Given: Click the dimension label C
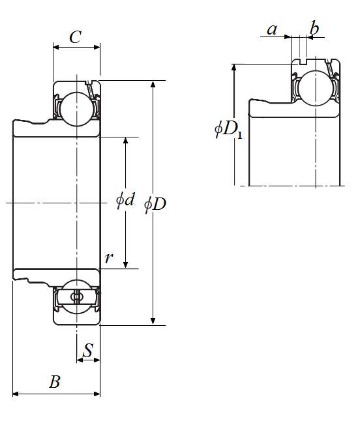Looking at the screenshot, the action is pos(75,36).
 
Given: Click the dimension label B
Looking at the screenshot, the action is pos(55,381).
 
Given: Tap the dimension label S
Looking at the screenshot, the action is pos(88,350).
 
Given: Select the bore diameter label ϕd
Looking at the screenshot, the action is pos(125,200).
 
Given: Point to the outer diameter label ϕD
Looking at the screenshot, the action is pos(155,205).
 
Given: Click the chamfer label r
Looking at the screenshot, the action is pos(108,258).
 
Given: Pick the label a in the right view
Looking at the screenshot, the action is pos(272,29).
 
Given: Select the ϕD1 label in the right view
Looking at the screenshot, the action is pos(228,129).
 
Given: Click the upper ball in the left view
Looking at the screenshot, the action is pos(77,109).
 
